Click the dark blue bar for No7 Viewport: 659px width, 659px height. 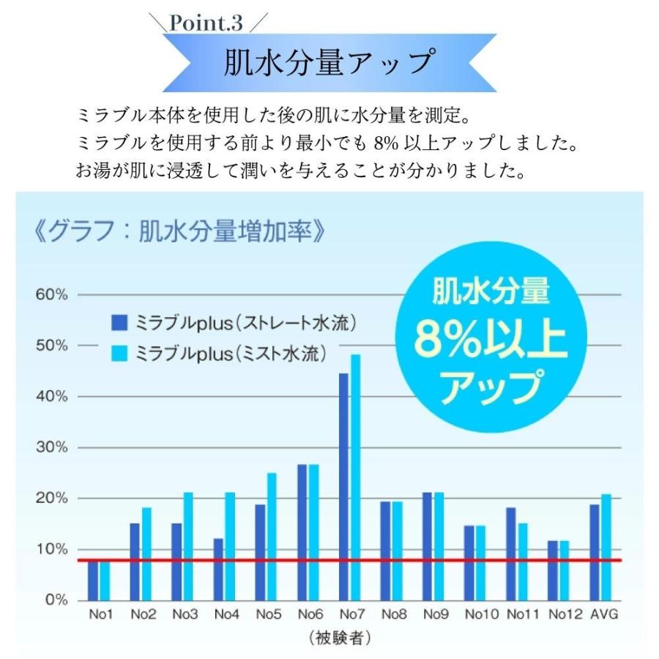tap(343, 486)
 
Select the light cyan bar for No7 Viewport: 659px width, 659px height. tap(356, 477)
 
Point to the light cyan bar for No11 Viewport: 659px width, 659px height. tap(524, 561)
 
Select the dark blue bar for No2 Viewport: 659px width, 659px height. tap(135, 561)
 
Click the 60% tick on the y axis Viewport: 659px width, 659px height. tap(52, 294)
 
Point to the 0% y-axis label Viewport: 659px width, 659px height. tap(56, 600)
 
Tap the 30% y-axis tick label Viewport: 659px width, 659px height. tap(52, 447)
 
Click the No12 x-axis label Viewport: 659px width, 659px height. tap(564, 615)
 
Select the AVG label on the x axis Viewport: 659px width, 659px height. tap(604, 615)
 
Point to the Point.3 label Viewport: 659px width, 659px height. tap(206, 23)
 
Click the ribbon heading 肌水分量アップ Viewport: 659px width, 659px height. tap(329, 62)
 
